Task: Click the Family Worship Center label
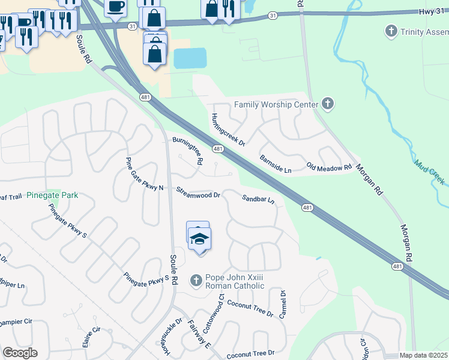point(276,104)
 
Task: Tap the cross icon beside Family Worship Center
point(327,104)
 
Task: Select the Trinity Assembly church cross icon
point(391,30)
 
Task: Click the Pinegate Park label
point(52,196)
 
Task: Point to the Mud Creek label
point(428,167)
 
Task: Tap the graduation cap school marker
point(199,239)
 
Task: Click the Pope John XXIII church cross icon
point(195,280)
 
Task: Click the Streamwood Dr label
point(198,193)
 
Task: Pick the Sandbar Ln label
point(258,199)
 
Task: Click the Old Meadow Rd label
point(329,166)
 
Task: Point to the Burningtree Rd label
point(187,151)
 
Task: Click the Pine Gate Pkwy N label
point(144,175)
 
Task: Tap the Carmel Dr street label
point(283,304)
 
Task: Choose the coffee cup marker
point(115,7)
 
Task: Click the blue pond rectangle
point(190,58)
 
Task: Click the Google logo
point(20,353)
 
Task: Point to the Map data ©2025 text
point(423,355)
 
